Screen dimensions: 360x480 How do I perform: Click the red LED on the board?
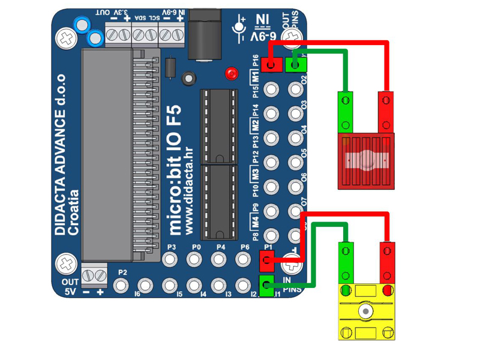(231, 74)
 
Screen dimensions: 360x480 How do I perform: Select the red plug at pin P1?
(267, 260)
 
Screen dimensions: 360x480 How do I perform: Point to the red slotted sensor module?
(366, 161)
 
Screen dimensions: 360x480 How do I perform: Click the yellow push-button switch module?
(366, 312)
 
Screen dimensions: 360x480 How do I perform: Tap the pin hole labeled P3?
(171, 259)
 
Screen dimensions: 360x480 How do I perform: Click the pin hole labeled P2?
(122, 284)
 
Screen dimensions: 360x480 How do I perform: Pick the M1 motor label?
(256, 77)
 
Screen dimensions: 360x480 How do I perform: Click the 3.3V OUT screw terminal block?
(118, 36)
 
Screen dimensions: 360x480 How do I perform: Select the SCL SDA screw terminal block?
(145, 36)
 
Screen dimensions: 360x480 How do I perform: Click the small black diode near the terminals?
(171, 67)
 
